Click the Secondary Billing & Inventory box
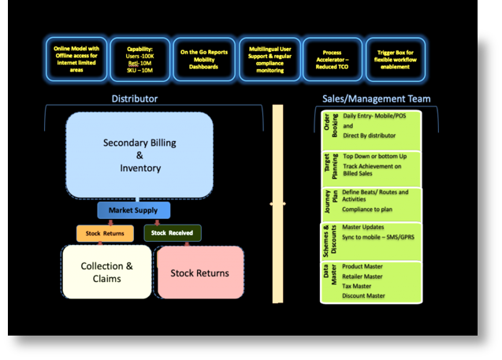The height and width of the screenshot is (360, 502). (x=139, y=155)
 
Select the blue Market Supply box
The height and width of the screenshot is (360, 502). (x=133, y=210)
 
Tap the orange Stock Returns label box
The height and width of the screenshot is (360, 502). (x=105, y=233)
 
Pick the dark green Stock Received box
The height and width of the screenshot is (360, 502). (x=173, y=233)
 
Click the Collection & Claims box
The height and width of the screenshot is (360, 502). (x=106, y=272)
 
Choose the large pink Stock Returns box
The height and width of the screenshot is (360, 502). (x=199, y=273)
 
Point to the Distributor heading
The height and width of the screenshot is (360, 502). (x=134, y=98)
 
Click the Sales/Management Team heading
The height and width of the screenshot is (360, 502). (x=376, y=98)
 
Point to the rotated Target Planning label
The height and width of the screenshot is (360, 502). (x=330, y=166)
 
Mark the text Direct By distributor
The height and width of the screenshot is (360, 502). (x=369, y=135)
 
